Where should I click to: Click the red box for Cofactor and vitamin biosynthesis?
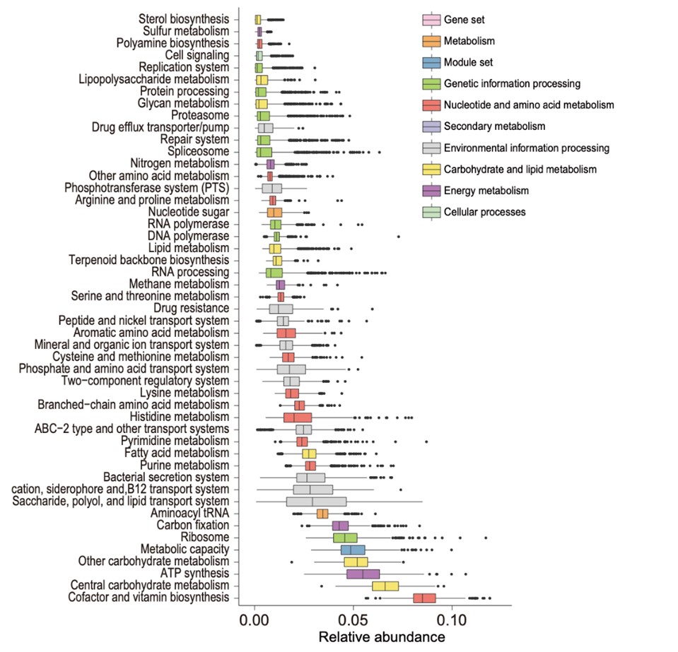click(424, 598)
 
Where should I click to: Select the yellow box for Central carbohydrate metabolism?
click(385, 586)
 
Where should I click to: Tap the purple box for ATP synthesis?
click(363, 574)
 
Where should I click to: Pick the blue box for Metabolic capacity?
click(353, 550)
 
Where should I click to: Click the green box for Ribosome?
click(345, 538)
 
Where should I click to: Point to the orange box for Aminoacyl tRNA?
click(322, 514)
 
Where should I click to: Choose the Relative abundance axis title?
click(382, 637)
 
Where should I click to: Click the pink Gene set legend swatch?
click(428, 19)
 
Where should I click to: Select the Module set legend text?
click(467, 62)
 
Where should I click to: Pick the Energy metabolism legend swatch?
click(428, 191)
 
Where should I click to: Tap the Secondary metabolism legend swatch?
click(428, 126)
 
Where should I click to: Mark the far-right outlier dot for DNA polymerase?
click(399, 236)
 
